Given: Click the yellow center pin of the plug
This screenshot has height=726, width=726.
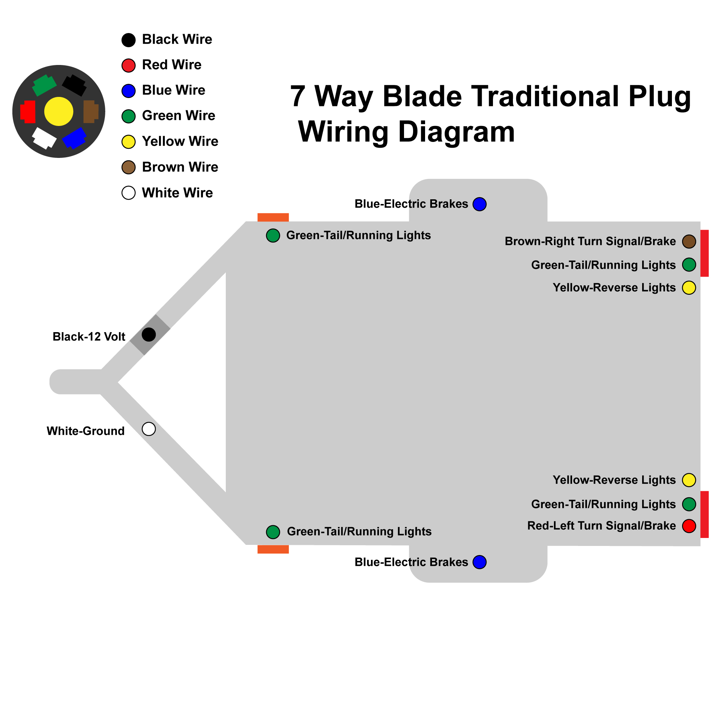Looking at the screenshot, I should (58, 111).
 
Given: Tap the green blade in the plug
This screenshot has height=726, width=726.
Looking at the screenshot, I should (44, 85).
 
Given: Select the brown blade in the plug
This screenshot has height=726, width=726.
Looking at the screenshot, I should (90, 111).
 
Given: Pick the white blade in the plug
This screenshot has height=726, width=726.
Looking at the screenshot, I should (44, 138).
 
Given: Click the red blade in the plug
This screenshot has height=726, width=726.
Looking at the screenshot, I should (28, 111).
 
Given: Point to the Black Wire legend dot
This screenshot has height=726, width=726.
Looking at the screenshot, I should (129, 40).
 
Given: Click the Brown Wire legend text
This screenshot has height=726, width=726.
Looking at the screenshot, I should (180, 167).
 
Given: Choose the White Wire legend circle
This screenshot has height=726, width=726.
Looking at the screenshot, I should (129, 193).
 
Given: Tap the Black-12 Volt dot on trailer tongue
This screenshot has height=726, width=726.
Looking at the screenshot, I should (149, 334).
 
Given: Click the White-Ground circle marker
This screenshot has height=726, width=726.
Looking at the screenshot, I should (149, 429).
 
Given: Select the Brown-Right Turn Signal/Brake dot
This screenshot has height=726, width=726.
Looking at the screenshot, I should (689, 242).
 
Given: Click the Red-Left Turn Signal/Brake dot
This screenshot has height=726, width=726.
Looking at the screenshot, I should (689, 526).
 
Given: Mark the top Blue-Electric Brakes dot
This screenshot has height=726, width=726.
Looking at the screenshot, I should (480, 204).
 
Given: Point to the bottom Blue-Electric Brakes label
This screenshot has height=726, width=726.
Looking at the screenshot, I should (411, 562).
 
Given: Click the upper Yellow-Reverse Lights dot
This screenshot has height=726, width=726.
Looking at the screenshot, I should (689, 288).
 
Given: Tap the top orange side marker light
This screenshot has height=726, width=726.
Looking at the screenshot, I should (273, 217).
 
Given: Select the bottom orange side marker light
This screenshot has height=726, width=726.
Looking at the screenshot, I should (273, 549).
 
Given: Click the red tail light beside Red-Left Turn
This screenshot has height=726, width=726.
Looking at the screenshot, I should (705, 514).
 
